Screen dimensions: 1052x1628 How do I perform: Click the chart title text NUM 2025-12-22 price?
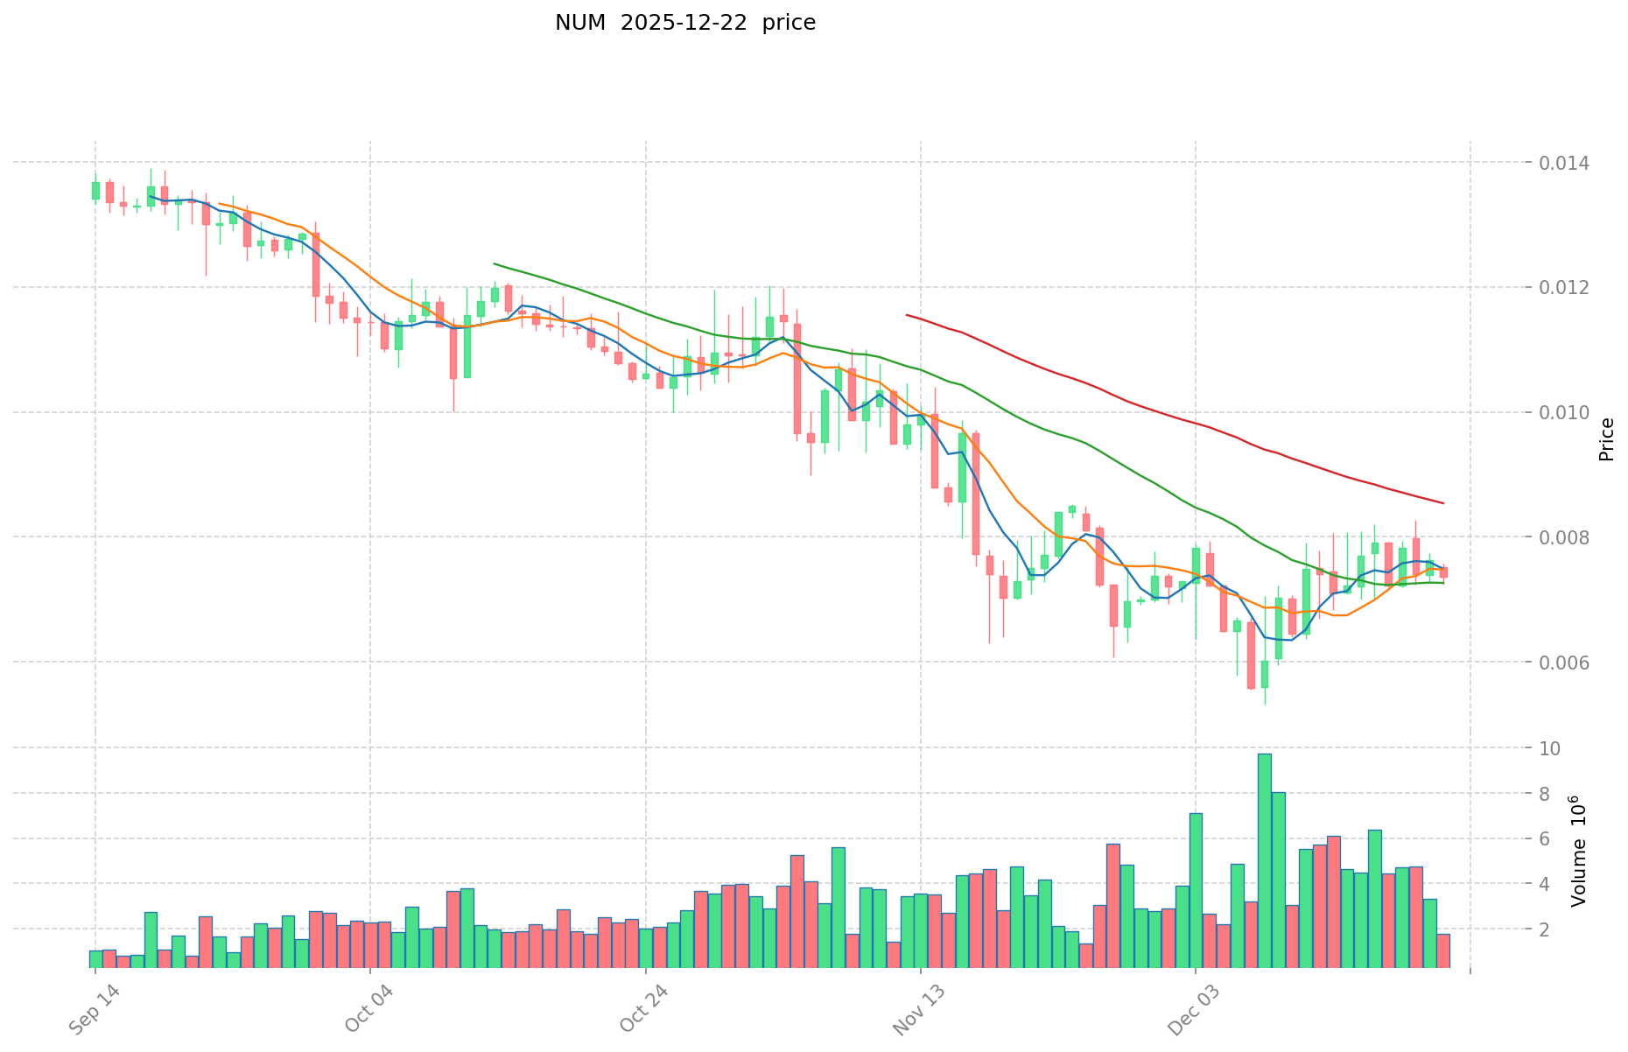684,23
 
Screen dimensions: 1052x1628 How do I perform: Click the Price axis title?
1606,439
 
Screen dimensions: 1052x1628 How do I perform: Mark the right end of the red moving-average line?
1442,503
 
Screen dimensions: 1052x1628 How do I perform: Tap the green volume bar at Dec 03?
1196,889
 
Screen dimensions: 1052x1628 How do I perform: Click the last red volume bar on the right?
1443,950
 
